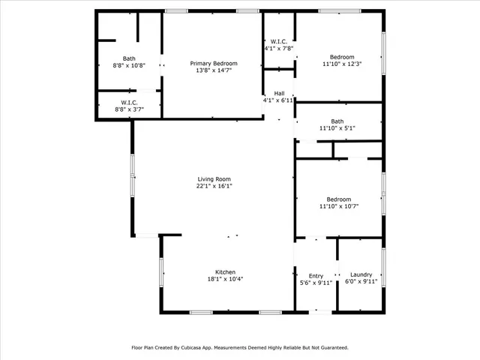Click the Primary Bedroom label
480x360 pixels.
pyautogui.click(x=213, y=64)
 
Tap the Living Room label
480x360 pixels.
pyautogui.click(x=214, y=179)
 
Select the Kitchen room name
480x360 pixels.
pyautogui.click(x=226, y=272)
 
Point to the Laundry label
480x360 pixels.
pyautogui.click(x=361, y=274)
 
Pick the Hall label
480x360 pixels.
pyautogui.click(x=278, y=93)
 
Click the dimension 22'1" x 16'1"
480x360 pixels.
pyautogui.click(x=214, y=186)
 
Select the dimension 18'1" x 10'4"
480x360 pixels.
pyautogui.click(x=226, y=279)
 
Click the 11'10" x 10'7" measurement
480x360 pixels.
pyautogui.click(x=338, y=206)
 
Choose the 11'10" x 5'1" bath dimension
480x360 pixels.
pyautogui.click(x=337, y=128)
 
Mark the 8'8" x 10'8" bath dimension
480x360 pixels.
pyautogui.click(x=130, y=65)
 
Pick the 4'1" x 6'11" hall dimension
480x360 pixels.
pyautogui.click(x=277, y=100)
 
